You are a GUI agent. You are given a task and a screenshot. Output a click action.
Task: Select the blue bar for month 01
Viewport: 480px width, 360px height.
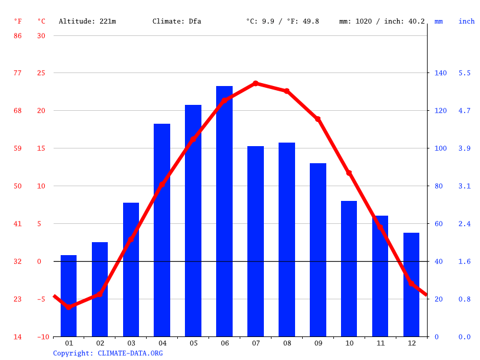point(69,296)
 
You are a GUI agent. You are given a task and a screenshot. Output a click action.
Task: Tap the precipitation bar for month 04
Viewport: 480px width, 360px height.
point(162,230)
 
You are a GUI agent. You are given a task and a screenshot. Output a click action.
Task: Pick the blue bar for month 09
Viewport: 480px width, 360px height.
point(318,250)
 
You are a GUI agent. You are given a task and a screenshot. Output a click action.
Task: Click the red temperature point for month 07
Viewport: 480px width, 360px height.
point(256,84)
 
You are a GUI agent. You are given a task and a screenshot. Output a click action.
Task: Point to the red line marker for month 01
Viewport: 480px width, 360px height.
point(69,307)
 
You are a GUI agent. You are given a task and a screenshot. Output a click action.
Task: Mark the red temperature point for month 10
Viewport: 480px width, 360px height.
point(349,173)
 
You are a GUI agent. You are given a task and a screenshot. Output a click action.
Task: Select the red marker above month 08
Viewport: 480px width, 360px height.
point(287,91)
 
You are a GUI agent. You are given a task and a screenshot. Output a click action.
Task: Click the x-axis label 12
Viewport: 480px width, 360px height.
point(412,343)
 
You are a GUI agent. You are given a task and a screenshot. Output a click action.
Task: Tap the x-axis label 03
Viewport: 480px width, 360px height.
point(131,343)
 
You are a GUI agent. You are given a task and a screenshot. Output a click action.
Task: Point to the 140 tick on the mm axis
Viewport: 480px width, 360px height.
point(441,73)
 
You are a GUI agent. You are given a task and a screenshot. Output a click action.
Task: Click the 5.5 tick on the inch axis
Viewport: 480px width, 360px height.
point(465,73)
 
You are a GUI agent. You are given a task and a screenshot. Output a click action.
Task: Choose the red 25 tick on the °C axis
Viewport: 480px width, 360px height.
point(41,73)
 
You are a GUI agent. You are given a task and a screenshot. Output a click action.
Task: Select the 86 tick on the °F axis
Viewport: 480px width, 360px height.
point(18,35)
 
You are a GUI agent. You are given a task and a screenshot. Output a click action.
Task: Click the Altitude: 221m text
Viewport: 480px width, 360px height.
point(87,21)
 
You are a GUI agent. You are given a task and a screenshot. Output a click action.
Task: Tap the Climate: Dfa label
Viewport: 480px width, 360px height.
point(177,21)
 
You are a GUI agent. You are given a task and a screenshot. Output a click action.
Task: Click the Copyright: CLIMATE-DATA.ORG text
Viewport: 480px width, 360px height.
point(108,353)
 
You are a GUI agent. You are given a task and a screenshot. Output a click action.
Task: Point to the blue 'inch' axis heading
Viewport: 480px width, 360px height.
point(466,21)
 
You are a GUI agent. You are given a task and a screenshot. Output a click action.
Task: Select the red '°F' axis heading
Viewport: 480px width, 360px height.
point(18,21)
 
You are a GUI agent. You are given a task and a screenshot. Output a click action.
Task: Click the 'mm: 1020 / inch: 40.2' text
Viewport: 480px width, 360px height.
point(382,21)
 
